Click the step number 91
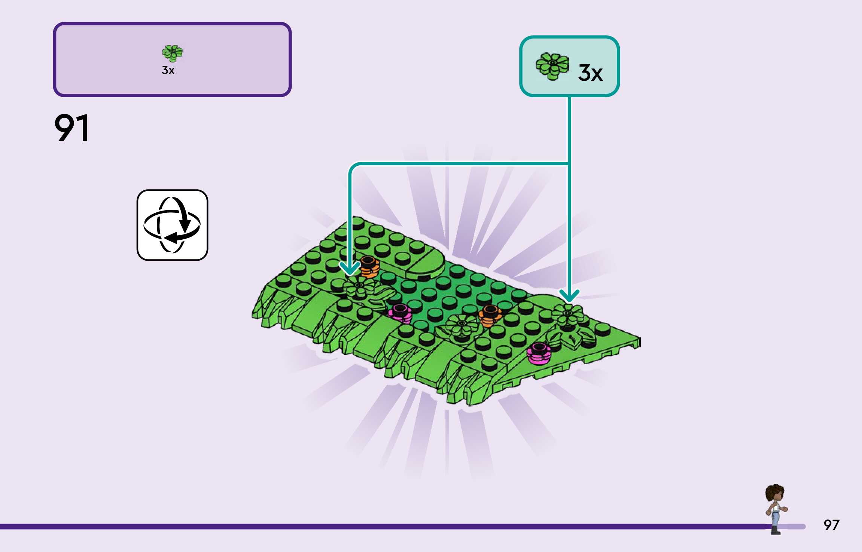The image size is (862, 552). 71,128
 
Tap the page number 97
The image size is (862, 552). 831,525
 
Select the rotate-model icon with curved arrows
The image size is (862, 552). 172,225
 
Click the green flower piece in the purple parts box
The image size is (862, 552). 173,53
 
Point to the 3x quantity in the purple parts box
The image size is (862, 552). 168,70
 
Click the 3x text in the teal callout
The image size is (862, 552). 590,73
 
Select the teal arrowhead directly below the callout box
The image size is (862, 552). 569,296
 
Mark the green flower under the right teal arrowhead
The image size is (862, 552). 567,314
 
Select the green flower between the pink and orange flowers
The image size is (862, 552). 462,325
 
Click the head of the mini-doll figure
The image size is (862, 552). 775,493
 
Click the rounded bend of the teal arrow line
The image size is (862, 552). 354,167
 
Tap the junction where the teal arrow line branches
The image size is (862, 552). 569,163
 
